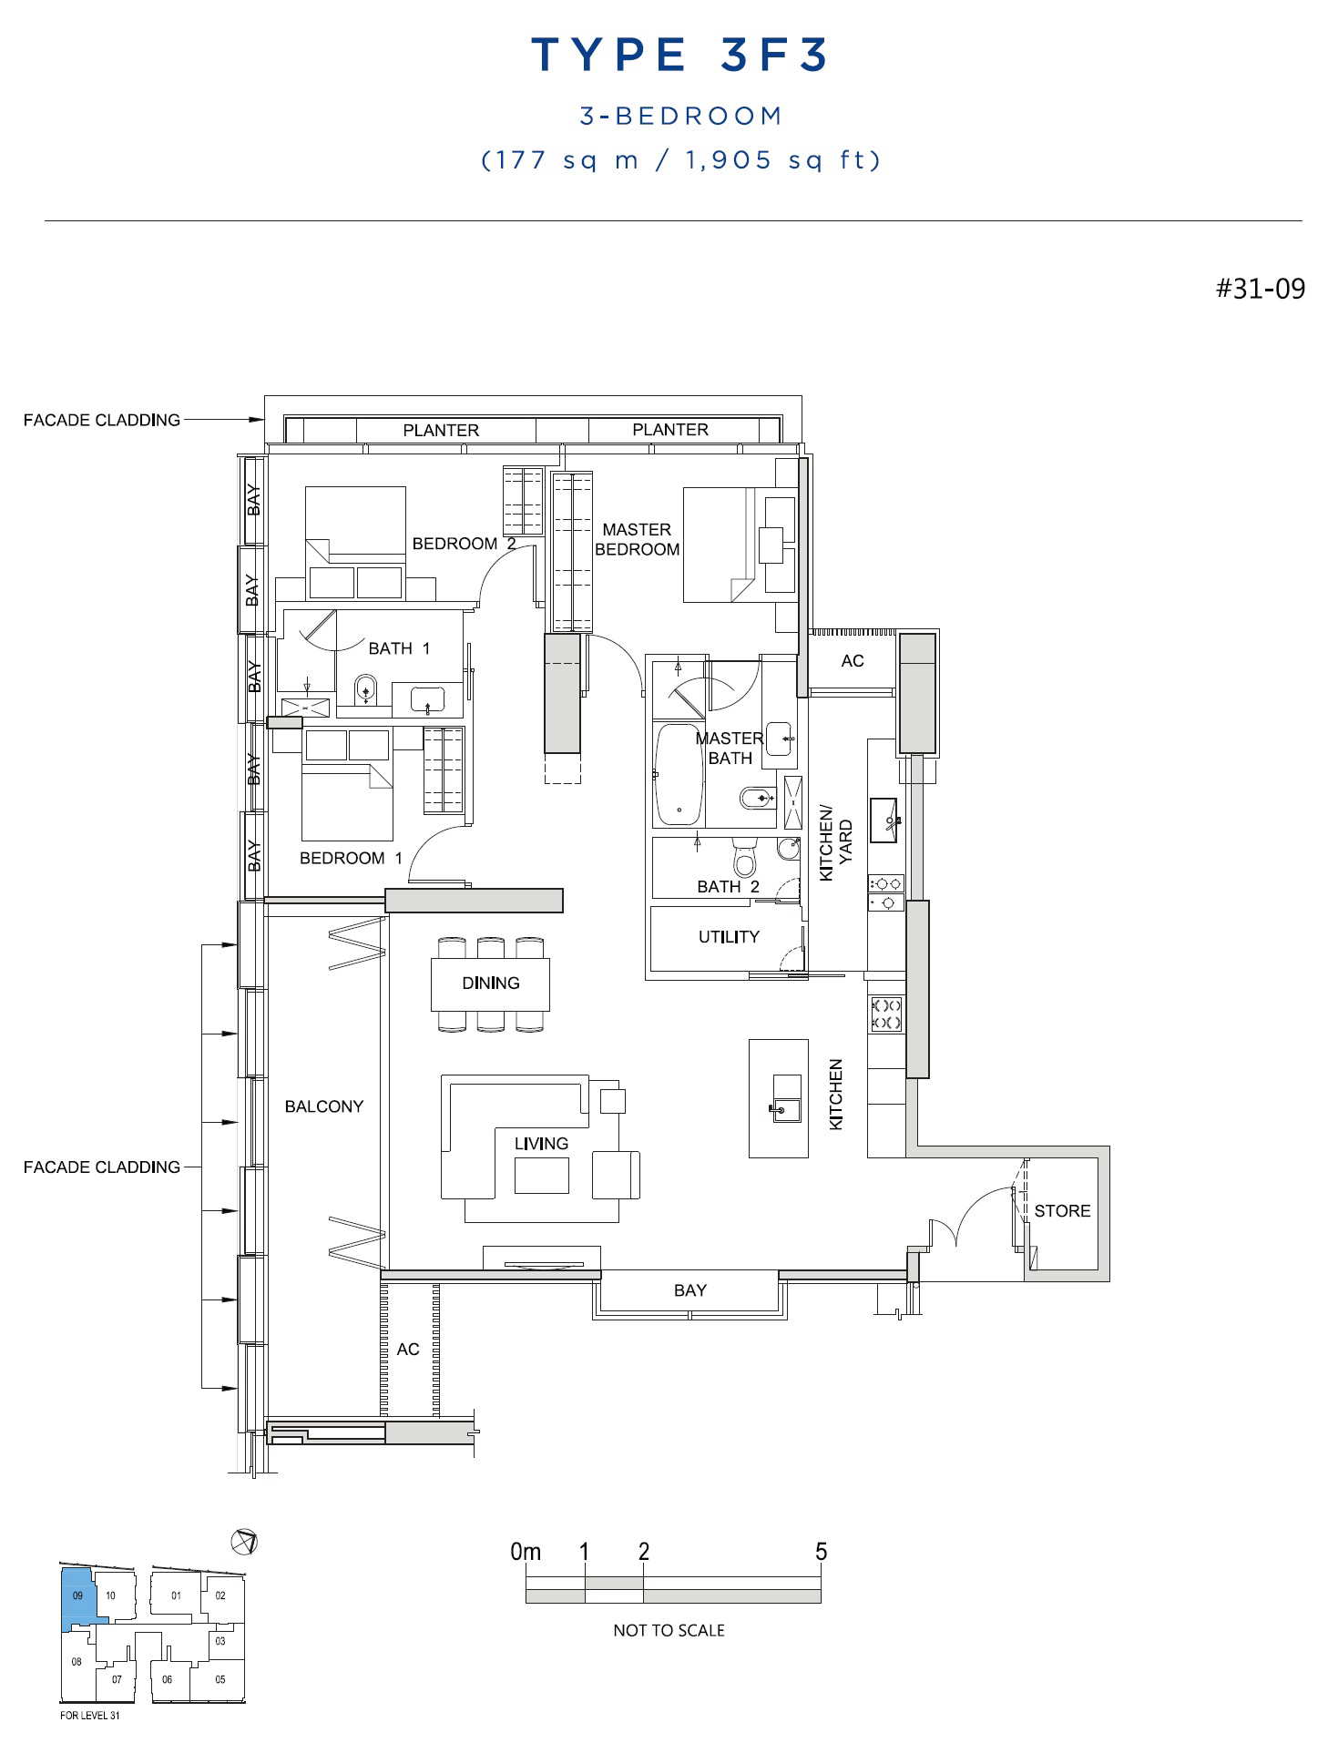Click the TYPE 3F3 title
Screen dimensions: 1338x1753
coord(679,55)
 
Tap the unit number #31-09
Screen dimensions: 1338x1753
coord(1261,289)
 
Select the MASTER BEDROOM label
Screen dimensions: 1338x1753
coord(637,539)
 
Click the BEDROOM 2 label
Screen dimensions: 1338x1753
coord(465,544)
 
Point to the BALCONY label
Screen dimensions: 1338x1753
coord(324,1106)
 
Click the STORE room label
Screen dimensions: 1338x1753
coord(1062,1210)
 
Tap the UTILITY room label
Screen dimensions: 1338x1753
coord(729,936)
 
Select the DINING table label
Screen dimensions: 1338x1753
coord(491,983)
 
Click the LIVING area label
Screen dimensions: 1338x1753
coord(541,1143)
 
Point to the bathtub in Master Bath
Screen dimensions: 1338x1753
coord(679,774)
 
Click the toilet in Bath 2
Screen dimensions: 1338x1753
coord(744,857)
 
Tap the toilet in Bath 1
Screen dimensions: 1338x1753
coord(365,689)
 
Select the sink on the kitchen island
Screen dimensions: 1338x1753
coord(786,1098)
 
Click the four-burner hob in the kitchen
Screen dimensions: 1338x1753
coord(886,1014)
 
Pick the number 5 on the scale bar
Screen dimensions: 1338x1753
coord(822,1551)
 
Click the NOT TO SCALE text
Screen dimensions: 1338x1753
coord(669,1630)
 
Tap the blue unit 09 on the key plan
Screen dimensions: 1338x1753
coord(78,1598)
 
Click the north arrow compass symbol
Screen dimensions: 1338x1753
coord(244,1542)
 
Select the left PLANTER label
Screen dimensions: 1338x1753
coord(441,430)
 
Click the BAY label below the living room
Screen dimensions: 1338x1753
coord(690,1290)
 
